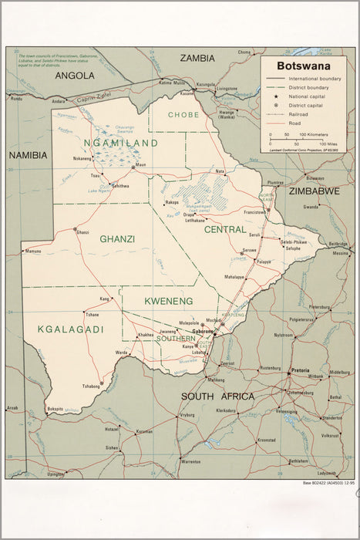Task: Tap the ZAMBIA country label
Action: click(x=198, y=58)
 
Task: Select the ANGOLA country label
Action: click(x=75, y=76)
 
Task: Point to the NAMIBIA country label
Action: click(x=28, y=155)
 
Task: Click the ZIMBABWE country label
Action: click(x=314, y=191)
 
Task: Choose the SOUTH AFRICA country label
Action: click(x=217, y=396)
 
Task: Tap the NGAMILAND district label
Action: click(x=121, y=143)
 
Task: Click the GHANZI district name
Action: click(x=117, y=239)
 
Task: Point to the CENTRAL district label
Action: click(x=224, y=229)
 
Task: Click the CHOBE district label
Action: click(x=184, y=115)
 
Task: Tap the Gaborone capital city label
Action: click(x=203, y=331)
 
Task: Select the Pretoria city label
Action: click(x=300, y=371)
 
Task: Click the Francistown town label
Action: click(x=255, y=211)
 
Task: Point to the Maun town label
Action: click(x=140, y=165)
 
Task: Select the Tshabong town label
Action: click(x=91, y=386)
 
